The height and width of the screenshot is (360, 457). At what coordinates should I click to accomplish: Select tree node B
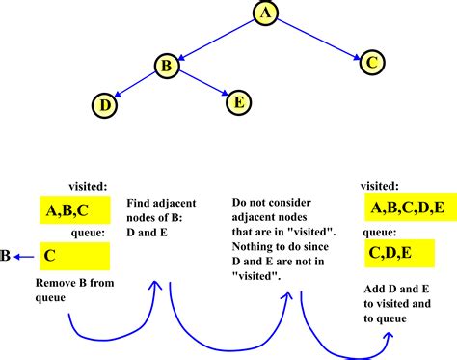click(x=166, y=67)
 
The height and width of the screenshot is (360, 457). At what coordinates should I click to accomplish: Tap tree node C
click(x=373, y=64)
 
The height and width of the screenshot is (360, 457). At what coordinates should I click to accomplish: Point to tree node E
click(x=238, y=99)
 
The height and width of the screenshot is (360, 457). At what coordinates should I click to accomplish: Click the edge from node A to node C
click(x=318, y=39)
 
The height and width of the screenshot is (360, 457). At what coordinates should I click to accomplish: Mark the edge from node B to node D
click(x=135, y=85)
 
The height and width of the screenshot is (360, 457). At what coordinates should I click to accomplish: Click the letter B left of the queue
click(x=7, y=256)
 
